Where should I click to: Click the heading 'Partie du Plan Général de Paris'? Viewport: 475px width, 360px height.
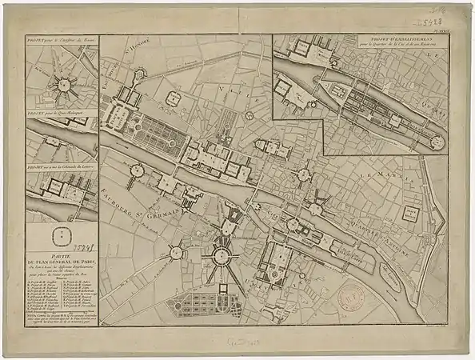61,257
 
